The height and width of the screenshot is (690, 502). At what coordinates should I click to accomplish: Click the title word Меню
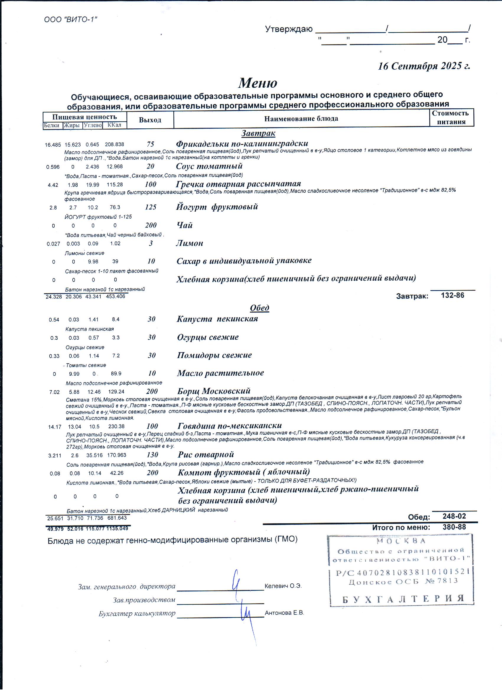click(257, 83)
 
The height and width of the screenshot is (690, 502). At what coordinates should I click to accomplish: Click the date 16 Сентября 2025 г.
click(424, 66)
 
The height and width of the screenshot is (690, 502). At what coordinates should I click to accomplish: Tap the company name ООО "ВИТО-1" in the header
click(71, 20)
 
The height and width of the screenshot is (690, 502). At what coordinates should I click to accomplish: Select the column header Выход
click(150, 120)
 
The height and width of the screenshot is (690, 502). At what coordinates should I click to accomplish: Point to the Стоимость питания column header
click(451, 117)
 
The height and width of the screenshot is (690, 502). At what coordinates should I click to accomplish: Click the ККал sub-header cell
click(115, 125)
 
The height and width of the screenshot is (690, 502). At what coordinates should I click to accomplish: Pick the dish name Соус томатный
click(209, 166)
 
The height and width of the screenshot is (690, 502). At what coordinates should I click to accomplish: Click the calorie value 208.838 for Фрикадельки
click(115, 145)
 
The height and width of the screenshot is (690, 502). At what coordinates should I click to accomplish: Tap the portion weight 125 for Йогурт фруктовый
click(150, 207)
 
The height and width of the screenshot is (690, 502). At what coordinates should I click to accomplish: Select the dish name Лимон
click(190, 243)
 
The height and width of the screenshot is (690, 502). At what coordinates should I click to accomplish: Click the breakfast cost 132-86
click(452, 295)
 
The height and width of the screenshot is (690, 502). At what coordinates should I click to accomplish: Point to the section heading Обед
click(259, 308)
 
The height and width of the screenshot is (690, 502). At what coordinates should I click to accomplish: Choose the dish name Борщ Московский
click(214, 391)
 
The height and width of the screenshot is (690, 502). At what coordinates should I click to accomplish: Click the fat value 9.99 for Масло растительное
click(74, 374)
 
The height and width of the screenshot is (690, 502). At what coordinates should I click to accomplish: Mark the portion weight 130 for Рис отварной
click(152, 454)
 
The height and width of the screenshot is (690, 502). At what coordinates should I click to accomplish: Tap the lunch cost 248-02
click(454, 516)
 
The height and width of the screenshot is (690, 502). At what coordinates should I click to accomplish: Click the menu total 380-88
click(454, 527)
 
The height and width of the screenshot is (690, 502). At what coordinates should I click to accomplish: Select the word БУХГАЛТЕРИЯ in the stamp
click(403, 599)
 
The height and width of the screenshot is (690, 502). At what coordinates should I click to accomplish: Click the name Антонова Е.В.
click(284, 613)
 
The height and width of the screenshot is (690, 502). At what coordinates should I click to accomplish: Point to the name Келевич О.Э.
click(283, 586)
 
